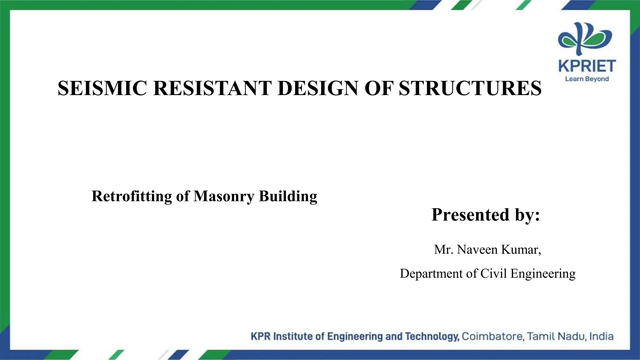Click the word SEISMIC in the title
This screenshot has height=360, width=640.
[102, 88]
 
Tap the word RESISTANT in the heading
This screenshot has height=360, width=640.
[212, 88]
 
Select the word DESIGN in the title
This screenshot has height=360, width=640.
[318, 88]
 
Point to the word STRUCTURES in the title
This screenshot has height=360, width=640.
[470, 88]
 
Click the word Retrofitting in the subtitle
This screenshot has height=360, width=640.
[132, 197]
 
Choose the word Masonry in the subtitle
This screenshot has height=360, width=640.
[224, 197]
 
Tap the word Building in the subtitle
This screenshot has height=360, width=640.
[288, 197]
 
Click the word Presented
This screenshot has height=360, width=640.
[471, 215]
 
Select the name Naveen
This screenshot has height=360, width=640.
[477, 250]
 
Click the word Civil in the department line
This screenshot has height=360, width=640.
[493, 273]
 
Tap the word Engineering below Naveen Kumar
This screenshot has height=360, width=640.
[543, 274]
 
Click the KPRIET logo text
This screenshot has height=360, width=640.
[587, 66]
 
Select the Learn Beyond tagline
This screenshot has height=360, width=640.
[587, 79]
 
